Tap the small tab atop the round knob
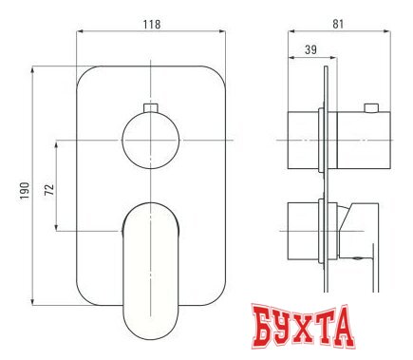(x=148, y=107)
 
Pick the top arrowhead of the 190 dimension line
(x=32, y=68)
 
